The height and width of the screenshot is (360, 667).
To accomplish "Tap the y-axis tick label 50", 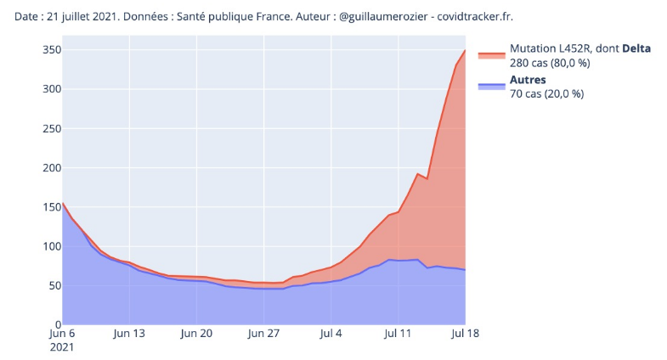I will (x=53, y=286).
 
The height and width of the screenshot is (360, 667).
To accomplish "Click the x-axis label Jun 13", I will (x=129, y=334).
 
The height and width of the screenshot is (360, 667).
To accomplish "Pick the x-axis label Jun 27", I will (x=263, y=334).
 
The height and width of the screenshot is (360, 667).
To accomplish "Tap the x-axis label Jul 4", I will (x=331, y=334).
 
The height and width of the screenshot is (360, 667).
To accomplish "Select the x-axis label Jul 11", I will (x=398, y=334).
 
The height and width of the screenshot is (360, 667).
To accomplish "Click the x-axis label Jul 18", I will (x=465, y=334).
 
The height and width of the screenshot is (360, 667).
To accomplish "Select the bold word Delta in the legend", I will (x=636, y=48).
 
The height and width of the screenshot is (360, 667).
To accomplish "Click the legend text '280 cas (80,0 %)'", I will (x=550, y=63).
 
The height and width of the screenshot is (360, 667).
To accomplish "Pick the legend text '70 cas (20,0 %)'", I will (x=546, y=94).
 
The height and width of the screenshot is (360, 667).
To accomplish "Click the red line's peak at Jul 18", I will (x=465, y=51).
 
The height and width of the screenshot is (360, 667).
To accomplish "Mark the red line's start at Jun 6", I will (x=63, y=203).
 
